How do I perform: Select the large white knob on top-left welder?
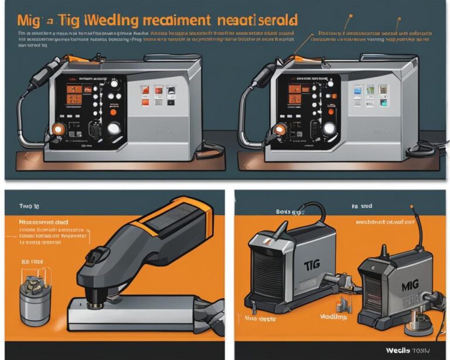[x=114, y=128]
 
